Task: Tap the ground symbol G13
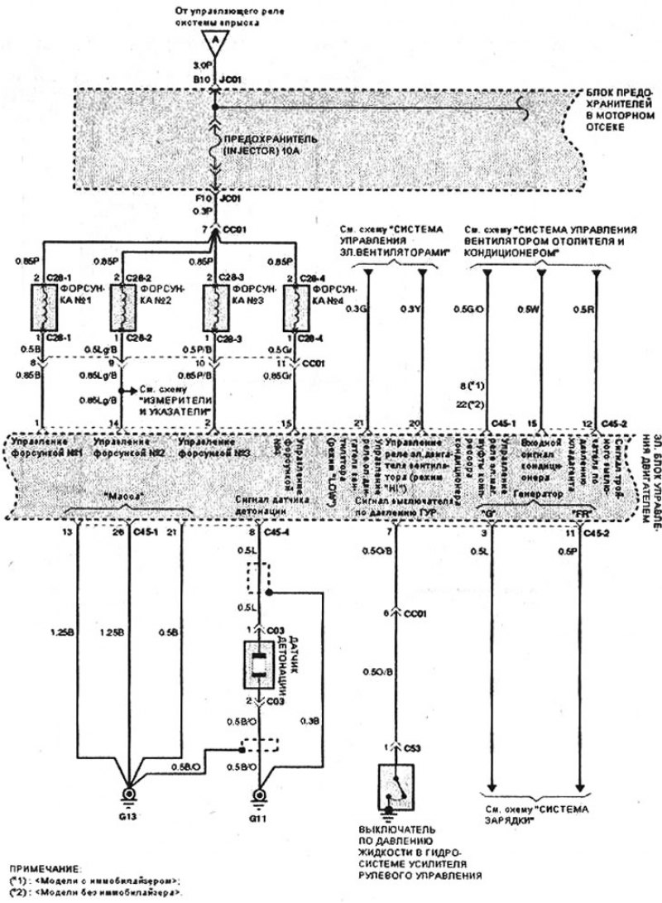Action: click(x=129, y=796)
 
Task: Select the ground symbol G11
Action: click(x=259, y=796)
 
